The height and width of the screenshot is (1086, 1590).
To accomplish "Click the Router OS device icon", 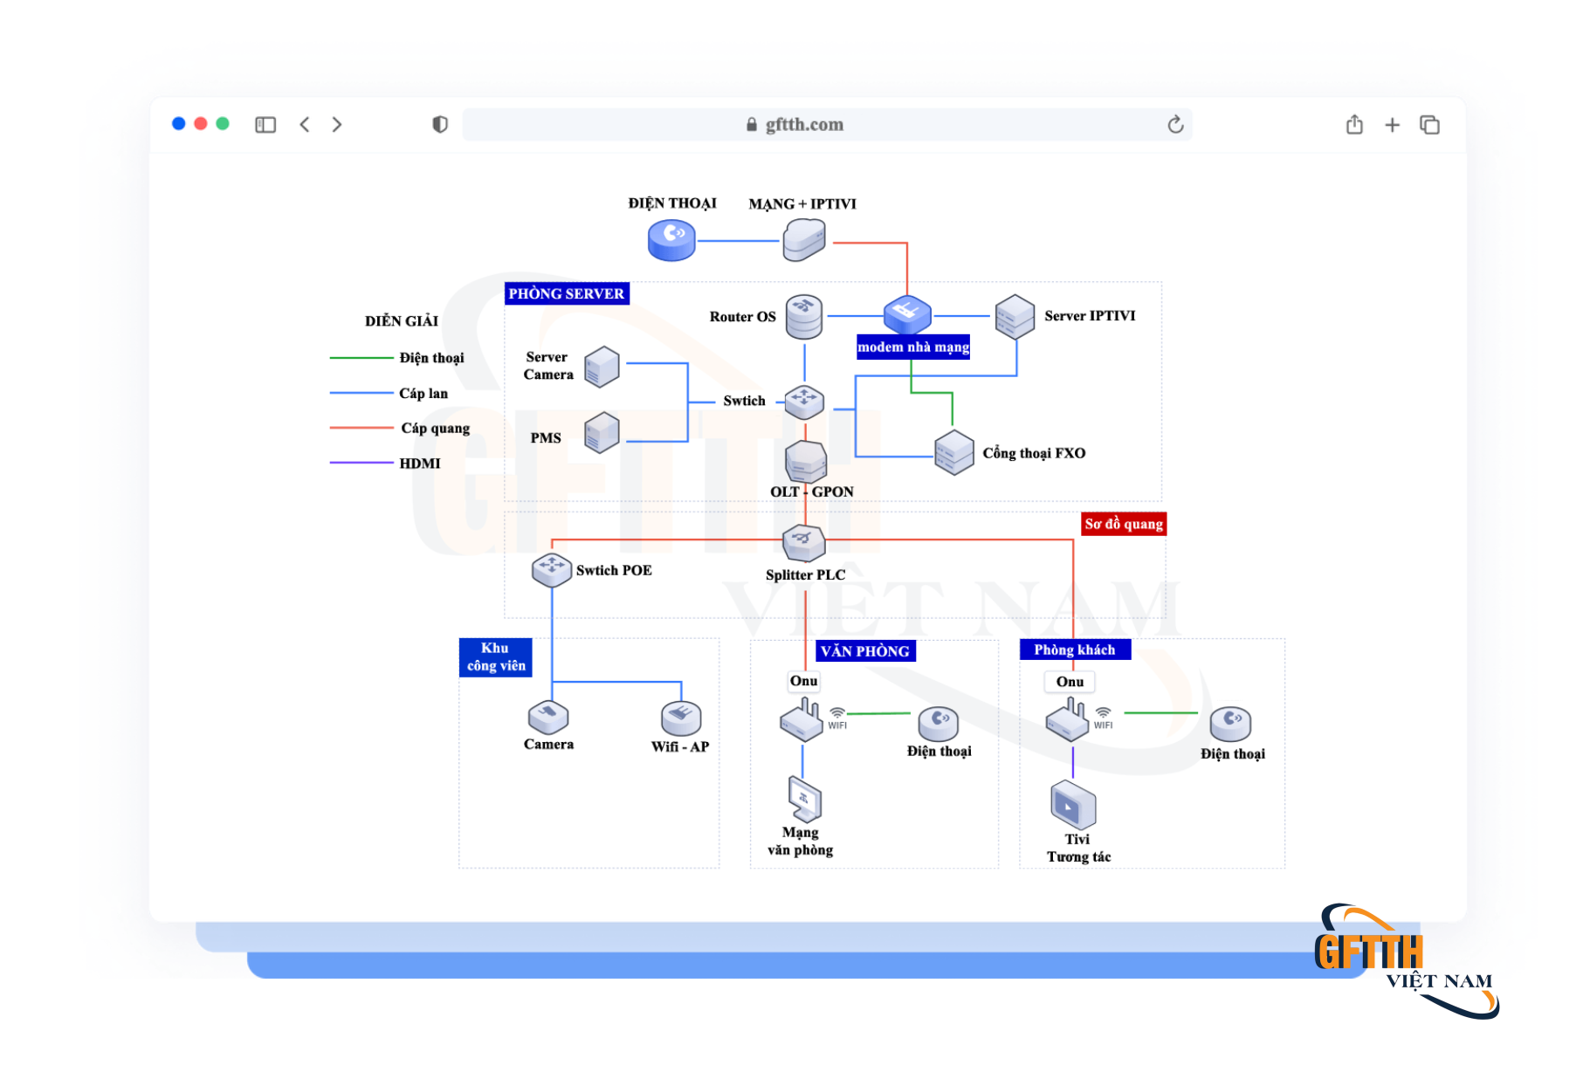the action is pos(803,317).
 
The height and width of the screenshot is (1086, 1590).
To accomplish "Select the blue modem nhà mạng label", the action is pos(913,347).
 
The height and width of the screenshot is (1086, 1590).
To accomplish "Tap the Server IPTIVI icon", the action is pos(1015,316).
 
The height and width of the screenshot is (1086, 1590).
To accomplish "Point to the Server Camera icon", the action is pos(602,366).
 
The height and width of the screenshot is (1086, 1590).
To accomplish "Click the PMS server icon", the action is pos(602,432).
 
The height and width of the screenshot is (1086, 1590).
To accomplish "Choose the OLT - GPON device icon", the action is pos(805,461).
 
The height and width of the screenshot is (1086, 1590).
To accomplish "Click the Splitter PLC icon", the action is pos(803,542).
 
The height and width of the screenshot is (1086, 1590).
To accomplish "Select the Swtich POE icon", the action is pos(552,569).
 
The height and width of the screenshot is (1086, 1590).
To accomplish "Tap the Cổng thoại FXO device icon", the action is pos(953,452).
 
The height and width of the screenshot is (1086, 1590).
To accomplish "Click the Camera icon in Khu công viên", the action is pos(548,718).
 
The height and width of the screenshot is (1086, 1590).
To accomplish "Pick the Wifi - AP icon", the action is pos(681,718).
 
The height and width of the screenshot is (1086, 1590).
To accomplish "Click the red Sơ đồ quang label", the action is pos(1124,524).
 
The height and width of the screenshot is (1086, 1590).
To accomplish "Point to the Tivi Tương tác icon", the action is pos(1073,805).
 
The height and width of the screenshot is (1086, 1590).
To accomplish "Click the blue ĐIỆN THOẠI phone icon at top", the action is pos(671,240).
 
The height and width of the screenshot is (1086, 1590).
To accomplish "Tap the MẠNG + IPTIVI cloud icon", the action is pos(804,239).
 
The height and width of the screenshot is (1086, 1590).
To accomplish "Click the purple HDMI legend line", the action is pos(361,463).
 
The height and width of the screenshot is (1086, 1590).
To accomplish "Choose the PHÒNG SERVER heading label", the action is pos(567,293).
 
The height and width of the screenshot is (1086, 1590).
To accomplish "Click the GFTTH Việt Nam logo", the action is pos(1406,960).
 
